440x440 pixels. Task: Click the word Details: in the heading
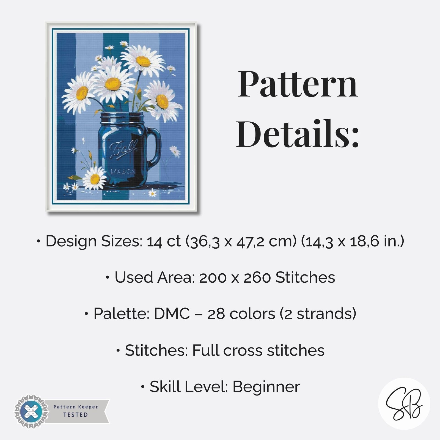point(298,134)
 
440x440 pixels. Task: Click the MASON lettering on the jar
point(123,172)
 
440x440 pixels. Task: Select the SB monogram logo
point(404,403)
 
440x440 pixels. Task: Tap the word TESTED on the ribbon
point(75,415)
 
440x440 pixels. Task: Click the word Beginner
point(266,387)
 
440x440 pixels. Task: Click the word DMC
point(172,313)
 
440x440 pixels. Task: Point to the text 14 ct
point(164,241)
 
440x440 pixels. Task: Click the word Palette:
point(121,313)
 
